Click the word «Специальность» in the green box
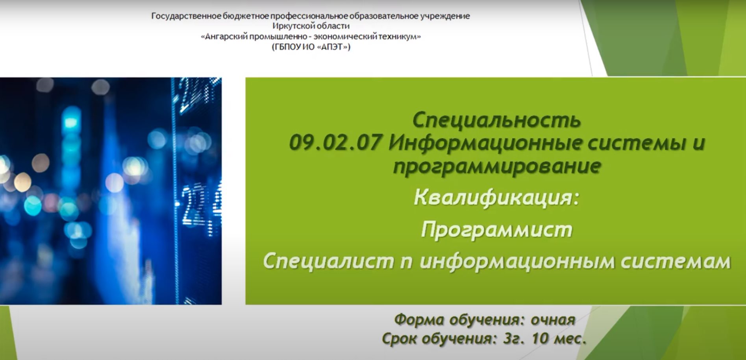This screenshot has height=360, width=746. point(496,120)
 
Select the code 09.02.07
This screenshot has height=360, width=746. point(335,142)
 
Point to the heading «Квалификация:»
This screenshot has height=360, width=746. point(496,197)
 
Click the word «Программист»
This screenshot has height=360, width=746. point(496,229)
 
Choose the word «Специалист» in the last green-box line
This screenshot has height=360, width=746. point(328,261)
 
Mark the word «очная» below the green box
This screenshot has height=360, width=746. point(553,320)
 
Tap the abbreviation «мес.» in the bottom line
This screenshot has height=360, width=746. point(570,339)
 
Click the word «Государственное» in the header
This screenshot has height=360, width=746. point(187,16)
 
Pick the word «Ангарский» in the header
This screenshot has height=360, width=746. point(226,37)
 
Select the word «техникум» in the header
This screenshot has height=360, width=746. point(398,37)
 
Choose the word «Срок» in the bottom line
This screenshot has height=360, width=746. point(398,339)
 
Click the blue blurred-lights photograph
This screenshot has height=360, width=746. point(111,191)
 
